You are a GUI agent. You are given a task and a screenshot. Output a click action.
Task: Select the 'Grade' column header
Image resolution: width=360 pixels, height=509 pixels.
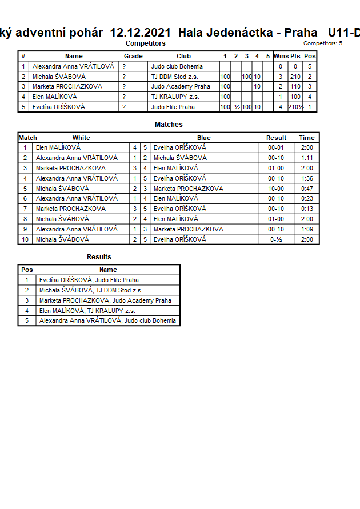133,56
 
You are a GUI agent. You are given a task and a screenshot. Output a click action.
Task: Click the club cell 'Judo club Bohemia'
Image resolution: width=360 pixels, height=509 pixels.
177,66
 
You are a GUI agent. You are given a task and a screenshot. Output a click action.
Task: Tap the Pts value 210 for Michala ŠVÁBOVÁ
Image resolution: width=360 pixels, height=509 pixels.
295,77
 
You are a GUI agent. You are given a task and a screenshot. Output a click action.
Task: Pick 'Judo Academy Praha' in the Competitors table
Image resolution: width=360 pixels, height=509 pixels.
180,87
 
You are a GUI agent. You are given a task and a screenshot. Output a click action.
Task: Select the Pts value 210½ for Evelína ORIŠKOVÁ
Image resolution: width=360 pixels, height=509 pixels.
295,107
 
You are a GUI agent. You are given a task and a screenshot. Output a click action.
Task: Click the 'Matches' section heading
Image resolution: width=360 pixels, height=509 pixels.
169,125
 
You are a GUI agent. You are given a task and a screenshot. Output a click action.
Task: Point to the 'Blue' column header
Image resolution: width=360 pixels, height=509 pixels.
203,138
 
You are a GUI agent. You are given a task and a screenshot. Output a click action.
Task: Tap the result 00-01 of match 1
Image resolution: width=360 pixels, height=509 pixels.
276,147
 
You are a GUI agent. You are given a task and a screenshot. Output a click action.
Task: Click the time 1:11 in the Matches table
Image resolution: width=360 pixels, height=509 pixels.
306,158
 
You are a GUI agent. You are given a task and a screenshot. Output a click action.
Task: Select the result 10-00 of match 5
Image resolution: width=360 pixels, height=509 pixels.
276,189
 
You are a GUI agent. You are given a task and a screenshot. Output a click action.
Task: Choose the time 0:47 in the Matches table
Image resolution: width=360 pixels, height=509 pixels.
306,189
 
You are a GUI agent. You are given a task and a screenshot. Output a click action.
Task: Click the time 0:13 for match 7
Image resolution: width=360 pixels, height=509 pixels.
306,209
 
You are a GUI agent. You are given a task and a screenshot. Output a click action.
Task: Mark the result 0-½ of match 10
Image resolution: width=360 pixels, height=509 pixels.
276,240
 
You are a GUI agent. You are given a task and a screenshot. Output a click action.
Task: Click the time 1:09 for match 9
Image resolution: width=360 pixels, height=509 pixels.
306,230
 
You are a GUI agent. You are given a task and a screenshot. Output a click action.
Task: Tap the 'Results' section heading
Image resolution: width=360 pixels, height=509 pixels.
99,257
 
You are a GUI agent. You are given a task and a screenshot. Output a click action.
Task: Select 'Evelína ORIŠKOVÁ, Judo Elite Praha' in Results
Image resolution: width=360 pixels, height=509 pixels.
89,280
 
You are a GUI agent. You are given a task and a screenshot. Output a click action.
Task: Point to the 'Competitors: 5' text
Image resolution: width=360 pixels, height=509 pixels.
322,43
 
